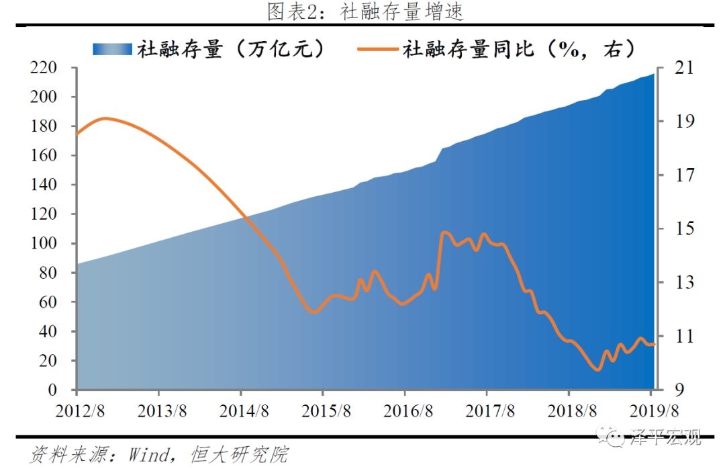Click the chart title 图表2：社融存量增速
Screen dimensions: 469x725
click(x=365, y=11)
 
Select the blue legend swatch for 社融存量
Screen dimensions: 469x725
click(x=113, y=48)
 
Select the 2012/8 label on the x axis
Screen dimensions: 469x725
click(x=77, y=411)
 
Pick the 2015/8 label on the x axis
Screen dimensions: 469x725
click(x=322, y=411)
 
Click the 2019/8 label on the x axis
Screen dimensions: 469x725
click(x=650, y=411)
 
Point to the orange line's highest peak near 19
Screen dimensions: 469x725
click(x=105, y=118)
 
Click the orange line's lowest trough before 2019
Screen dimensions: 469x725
click(x=598, y=370)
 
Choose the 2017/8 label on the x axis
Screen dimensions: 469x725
click(x=486, y=411)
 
